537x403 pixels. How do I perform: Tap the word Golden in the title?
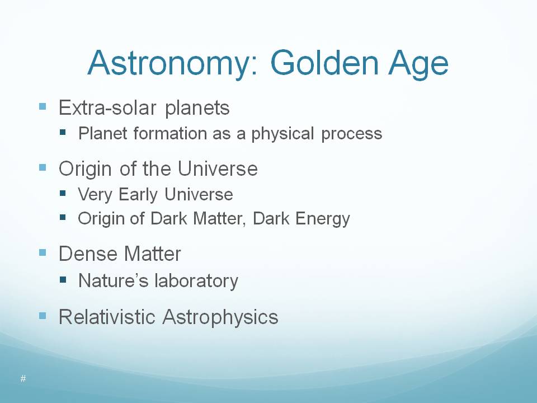(324, 63)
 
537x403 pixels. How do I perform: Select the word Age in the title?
(418, 64)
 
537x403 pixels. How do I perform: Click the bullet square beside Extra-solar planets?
(43, 106)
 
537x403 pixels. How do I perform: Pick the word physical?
(283, 134)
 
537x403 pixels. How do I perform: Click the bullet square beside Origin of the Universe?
(43, 167)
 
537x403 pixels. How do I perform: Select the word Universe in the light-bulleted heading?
(218, 168)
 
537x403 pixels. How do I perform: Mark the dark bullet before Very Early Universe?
(62, 193)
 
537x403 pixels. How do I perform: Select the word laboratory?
(196, 282)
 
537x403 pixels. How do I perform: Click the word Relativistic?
(107, 317)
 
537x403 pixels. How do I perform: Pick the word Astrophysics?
(220, 317)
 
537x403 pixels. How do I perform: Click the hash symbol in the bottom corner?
(23, 379)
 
